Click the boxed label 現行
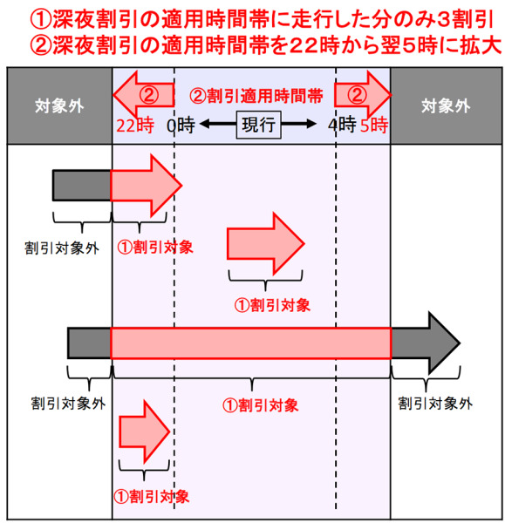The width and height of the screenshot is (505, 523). (258, 125)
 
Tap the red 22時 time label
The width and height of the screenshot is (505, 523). (135, 126)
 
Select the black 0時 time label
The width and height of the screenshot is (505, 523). (181, 126)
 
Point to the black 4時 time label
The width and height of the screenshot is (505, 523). (342, 126)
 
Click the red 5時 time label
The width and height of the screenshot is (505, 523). (374, 126)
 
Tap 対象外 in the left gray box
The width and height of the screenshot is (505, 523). (59, 106)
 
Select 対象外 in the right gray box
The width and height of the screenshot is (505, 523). (446, 106)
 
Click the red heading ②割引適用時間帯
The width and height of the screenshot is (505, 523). (256, 96)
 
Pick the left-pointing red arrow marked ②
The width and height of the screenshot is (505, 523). (144, 95)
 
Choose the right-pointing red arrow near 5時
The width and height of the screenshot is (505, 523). (363, 95)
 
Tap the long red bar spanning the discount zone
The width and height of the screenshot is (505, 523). (250, 343)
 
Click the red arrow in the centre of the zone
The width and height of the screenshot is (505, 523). (266, 244)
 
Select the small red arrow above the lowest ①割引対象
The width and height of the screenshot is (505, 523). (145, 431)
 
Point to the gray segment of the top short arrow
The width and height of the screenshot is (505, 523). (82, 186)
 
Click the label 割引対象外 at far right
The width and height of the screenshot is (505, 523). (435, 404)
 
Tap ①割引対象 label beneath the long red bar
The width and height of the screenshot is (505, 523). (260, 405)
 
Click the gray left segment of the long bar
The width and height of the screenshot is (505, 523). (89, 343)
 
